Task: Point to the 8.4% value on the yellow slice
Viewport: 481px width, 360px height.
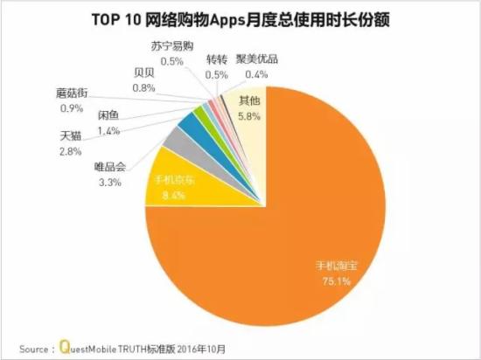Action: tap(164, 197)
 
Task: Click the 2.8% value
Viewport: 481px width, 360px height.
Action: tap(73, 152)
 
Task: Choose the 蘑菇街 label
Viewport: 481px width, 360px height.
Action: tap(70, 93)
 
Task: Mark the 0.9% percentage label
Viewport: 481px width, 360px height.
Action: tap(69, 107)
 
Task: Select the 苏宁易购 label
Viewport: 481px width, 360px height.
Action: tap(172, 46)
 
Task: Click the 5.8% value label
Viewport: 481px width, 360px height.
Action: tap(249, 114)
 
